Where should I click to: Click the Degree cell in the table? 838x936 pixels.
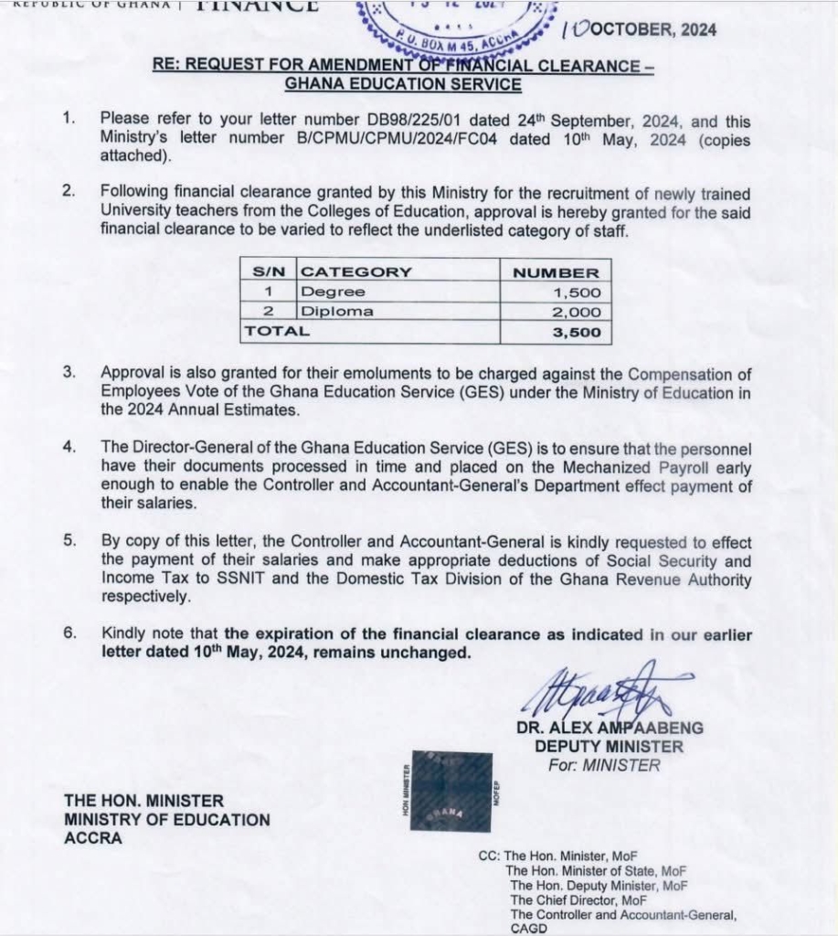[x=333, y=292]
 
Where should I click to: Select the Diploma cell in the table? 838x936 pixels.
[x=337, y=312]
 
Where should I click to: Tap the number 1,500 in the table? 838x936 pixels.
[x=577, y=292]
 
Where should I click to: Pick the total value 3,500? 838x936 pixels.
[x=577, y=333]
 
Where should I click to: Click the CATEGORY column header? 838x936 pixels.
[x=356, y=272]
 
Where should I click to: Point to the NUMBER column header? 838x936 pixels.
[x=556, y=272]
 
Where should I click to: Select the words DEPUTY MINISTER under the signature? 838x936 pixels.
[x=609, y=747]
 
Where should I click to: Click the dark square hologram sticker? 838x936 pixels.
[x=452, y=791]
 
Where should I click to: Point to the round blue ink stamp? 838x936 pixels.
[x=457, y=23]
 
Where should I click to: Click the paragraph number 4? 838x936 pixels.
[x=69, y=448]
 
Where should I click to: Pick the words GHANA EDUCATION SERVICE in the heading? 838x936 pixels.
[x=403, y=85]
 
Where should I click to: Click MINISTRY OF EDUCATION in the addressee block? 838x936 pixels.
[x=167, y=820]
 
